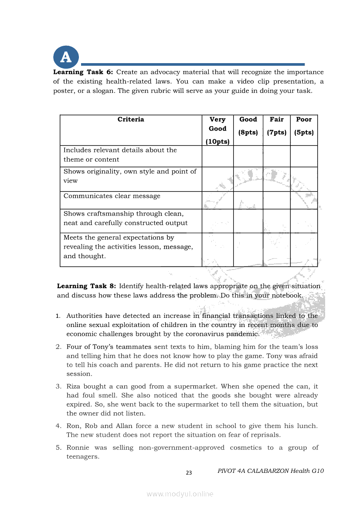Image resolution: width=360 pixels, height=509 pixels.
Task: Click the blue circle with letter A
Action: (66, 57)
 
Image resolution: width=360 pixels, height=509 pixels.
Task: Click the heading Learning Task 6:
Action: (83, 72)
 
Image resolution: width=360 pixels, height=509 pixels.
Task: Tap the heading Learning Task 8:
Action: (86, 286)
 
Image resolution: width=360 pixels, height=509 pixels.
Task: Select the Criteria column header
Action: (131, 119)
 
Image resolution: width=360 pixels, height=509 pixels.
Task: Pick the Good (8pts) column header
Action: (248, 125)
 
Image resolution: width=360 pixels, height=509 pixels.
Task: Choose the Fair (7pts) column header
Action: (277, 125)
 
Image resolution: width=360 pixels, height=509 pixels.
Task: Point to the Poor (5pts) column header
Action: (304, 125)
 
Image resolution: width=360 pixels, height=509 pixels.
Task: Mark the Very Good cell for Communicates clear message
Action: (217, 200)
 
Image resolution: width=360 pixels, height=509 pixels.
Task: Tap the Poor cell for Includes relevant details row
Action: (304, 156)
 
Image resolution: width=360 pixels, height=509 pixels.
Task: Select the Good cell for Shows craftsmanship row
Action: (248, 221)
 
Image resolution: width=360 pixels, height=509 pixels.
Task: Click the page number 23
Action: (189, 473)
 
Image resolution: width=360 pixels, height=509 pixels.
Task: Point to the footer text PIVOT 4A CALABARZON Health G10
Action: (270, 471)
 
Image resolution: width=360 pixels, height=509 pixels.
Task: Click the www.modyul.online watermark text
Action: (180, 494)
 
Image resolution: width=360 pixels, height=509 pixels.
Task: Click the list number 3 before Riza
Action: (58, 386)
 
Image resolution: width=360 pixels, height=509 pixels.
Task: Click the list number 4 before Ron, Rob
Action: (58, 426)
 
